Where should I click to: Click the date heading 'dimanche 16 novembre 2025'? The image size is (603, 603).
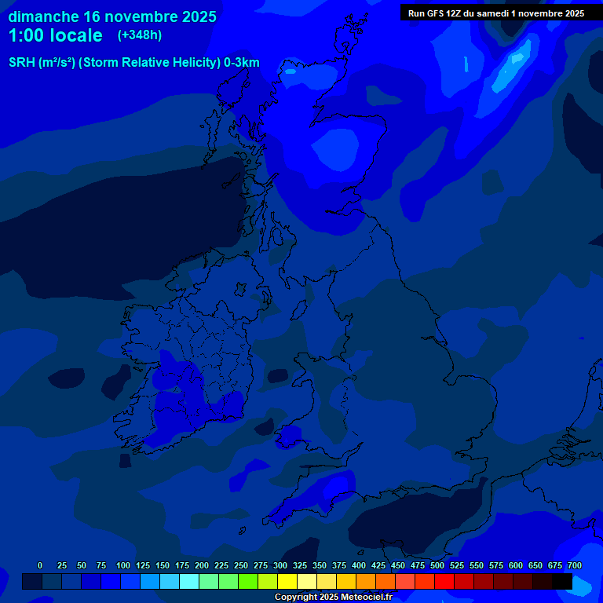click(x=112, y=16)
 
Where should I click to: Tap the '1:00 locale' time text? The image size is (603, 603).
click(x=55, y=35)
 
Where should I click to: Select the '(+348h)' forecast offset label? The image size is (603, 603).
click(x=139, y=35)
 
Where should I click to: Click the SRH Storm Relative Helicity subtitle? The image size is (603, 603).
click(x=133, y=63)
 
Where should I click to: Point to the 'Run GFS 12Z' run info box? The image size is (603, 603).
click(x=495, y=13)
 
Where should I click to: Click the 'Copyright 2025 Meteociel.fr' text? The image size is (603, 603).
click(x=333, y=597)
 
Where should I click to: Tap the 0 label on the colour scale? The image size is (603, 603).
click(x=40, y=565)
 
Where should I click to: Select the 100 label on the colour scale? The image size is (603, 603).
click(x=123, y=565)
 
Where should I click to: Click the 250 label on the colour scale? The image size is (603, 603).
click(x=241, y=565)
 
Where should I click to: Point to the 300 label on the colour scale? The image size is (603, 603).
click(x=280, y=565)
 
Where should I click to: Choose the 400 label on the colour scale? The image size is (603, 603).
click(x=359, y=565)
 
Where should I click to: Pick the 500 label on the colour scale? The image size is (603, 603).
click(x=437, y=565)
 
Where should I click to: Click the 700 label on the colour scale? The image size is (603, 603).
click(x=575, y=565)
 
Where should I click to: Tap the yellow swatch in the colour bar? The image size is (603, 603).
click(x=287, y=581)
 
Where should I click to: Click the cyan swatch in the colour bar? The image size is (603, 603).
click(x=189, y=581)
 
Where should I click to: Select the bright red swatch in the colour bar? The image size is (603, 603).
click(x=444, y=581)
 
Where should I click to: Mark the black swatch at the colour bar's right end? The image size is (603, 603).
click(x=562, y=581)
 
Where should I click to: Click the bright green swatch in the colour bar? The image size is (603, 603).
click(x=248, y=581)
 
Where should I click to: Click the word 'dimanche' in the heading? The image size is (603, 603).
click(x=43, y=16)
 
